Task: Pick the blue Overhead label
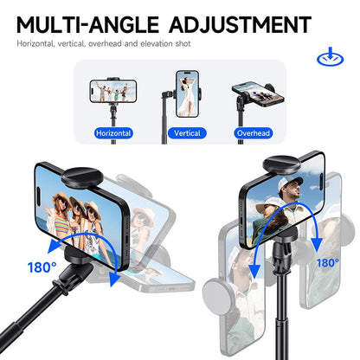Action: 254,134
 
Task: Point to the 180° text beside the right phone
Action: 327,261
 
